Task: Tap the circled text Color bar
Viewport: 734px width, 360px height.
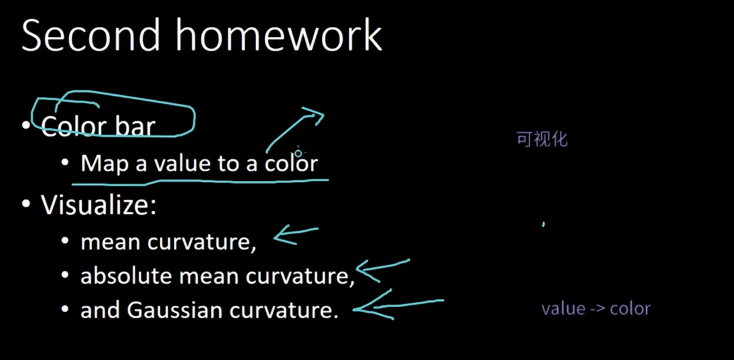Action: (x=98, y=126)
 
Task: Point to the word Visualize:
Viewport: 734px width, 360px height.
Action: (x=98, y=205)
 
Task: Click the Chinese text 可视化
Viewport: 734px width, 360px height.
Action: (x=542, y=139)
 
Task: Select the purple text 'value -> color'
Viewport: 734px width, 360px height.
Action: (x=596, y=309)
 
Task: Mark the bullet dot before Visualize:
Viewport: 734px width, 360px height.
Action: (x=26, y=205)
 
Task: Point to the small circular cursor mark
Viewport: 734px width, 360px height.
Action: (x=298, y=153)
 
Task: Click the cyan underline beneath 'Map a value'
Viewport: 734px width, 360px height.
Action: (x=200, y=180)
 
